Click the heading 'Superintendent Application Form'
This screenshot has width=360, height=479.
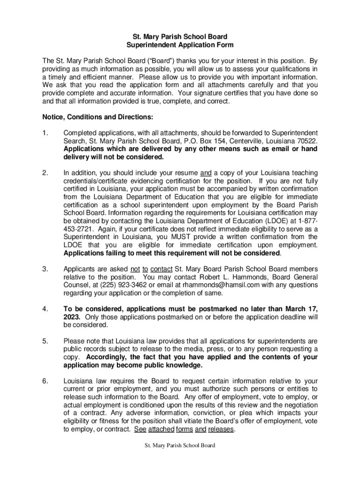point(180,45)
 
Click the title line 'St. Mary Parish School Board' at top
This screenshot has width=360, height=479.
point(180,36)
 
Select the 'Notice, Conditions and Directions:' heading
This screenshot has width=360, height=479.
point(97,116)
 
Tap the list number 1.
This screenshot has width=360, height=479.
point(45,133)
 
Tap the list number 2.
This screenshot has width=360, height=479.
point(45,173)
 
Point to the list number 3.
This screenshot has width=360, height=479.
point(45,269)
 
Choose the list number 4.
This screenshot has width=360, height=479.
point(45,309)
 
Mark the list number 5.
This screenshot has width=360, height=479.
point(45,341)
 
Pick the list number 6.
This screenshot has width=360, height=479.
point(45,381)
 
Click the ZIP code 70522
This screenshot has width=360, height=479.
point(307,141)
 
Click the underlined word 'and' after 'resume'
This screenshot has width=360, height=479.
point(206,173)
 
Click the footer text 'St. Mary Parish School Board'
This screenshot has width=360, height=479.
point(180,446)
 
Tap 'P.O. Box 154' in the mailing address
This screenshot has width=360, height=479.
point(202,141)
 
